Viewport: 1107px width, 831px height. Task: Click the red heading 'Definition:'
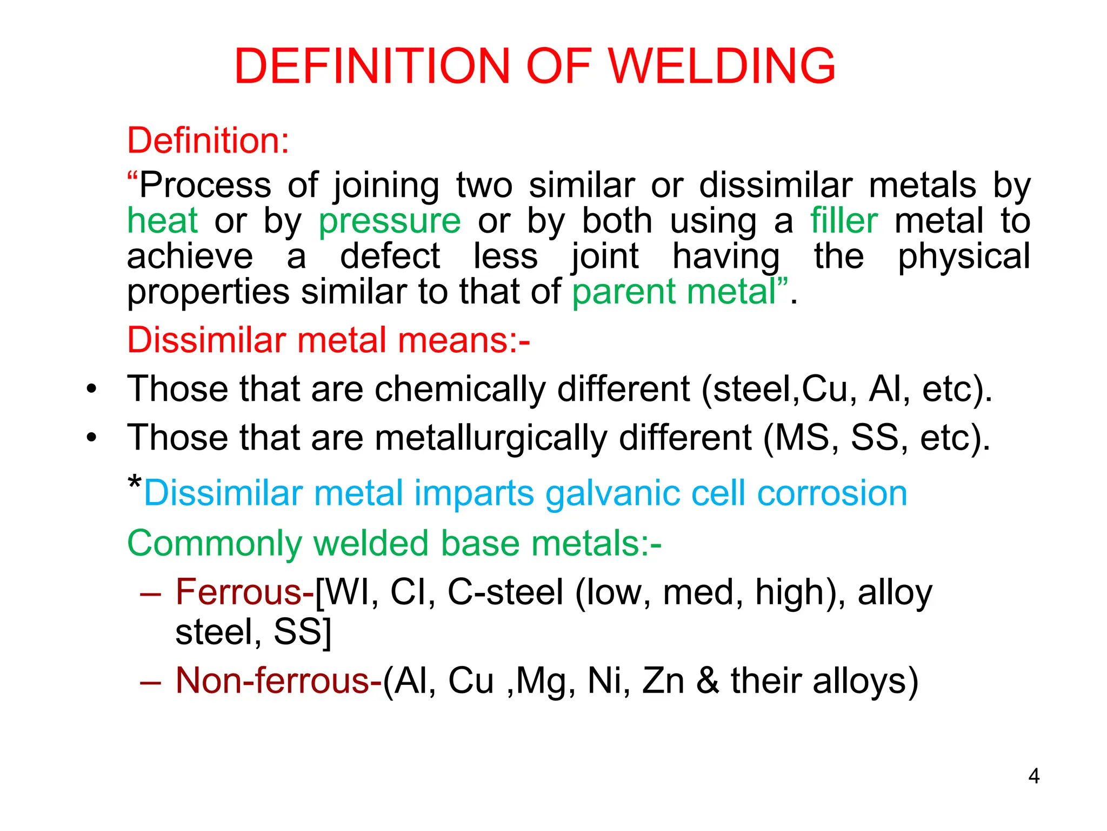pyautogui.click(x=208, y=141)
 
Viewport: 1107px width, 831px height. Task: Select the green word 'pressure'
pyautogui.click(x=389, y=222)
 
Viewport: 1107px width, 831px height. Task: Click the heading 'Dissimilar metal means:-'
pyautogui.click(x=328, y=340)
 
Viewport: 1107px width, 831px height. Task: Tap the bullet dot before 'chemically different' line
pyautogui.click(x=92, y=389)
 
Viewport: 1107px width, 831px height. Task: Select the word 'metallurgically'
pyautogui.click(x=491, y=438)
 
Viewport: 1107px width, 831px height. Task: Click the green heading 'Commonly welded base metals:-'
pyautogui.click(x=394, y=543)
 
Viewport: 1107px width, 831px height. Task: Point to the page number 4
pyautogui.click(x=1033, y=776)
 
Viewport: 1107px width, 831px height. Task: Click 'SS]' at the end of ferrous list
pyautogui.click(x=303, y=631)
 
